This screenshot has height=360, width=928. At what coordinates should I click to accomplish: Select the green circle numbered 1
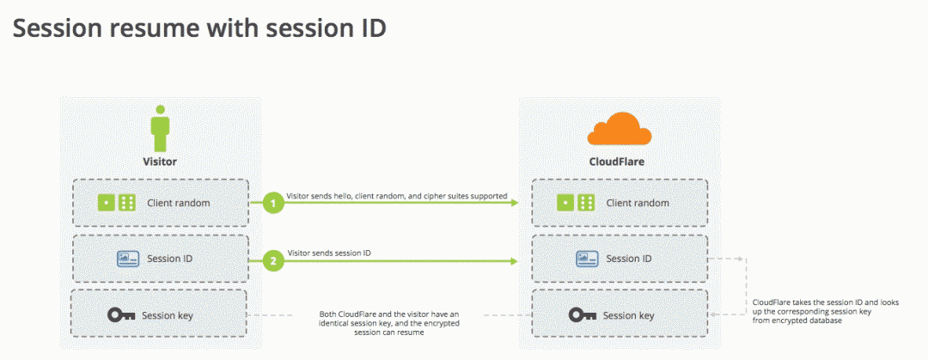(x=273, y=204)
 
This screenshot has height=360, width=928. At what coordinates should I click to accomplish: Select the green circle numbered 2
(x=273, y=259)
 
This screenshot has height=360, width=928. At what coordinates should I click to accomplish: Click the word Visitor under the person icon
(x=160, y=161)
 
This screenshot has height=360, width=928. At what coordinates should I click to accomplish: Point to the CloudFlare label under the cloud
(x=619, y=161)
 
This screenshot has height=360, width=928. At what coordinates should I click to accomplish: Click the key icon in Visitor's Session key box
(x=121, y=314)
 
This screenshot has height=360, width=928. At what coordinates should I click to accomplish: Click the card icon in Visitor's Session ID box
(x=127, y=259)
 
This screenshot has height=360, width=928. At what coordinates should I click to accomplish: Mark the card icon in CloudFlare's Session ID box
(x=587, y=259)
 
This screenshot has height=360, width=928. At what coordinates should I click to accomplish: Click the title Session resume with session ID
(x=199, y=28)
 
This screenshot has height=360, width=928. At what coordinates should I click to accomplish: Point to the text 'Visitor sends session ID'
(x=330, y=252)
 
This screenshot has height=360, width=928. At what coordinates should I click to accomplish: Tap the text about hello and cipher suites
(x=397, y=196)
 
